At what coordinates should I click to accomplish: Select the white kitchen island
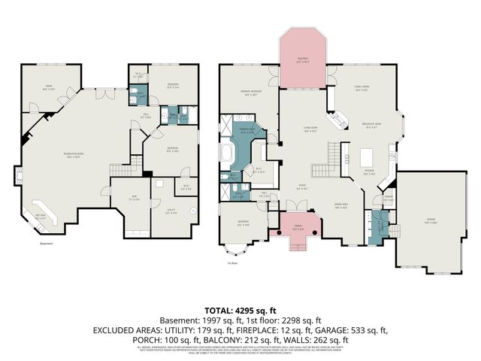tap(367, 158)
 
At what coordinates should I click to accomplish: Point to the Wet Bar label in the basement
tap(41, 216)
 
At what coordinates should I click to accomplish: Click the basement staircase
tap(121, 169)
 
